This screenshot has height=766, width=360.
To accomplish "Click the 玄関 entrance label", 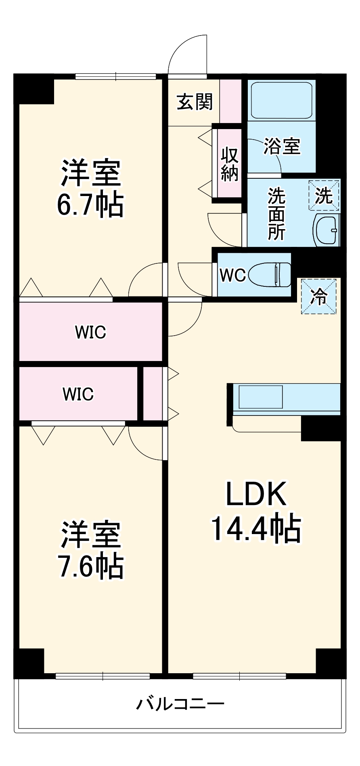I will [195, 102].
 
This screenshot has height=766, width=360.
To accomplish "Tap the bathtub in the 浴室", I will [281, 100].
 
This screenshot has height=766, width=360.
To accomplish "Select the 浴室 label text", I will [282, 146].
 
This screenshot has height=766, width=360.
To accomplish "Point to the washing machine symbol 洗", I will [324, 196].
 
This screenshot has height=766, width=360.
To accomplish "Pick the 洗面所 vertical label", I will [276, 214].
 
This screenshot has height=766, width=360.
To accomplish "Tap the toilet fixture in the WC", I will [270, 275].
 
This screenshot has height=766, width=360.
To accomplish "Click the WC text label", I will [232, 276].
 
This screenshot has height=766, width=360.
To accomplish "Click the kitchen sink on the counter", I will [260, 397].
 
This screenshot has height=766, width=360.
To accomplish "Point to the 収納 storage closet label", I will [229, 164].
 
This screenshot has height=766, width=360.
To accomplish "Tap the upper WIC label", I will [90, 332].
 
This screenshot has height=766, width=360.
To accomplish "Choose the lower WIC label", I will [78, 394].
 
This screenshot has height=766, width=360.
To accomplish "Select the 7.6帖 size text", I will [91, 566].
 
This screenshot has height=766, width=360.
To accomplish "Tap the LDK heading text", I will [256, 494].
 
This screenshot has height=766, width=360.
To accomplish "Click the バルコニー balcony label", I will [180, 704].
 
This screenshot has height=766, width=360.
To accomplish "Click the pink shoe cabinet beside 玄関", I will [230, 101].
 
